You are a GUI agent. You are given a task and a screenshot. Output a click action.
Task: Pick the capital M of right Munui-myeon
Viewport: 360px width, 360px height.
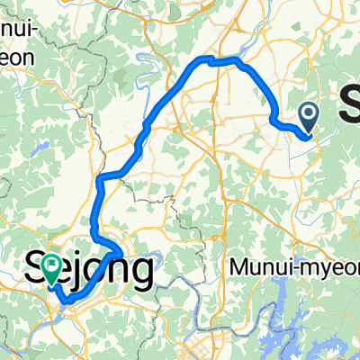(x=237, y=266)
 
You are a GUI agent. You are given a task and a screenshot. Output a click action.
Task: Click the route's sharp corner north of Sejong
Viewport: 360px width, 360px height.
(x=100, y=177)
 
